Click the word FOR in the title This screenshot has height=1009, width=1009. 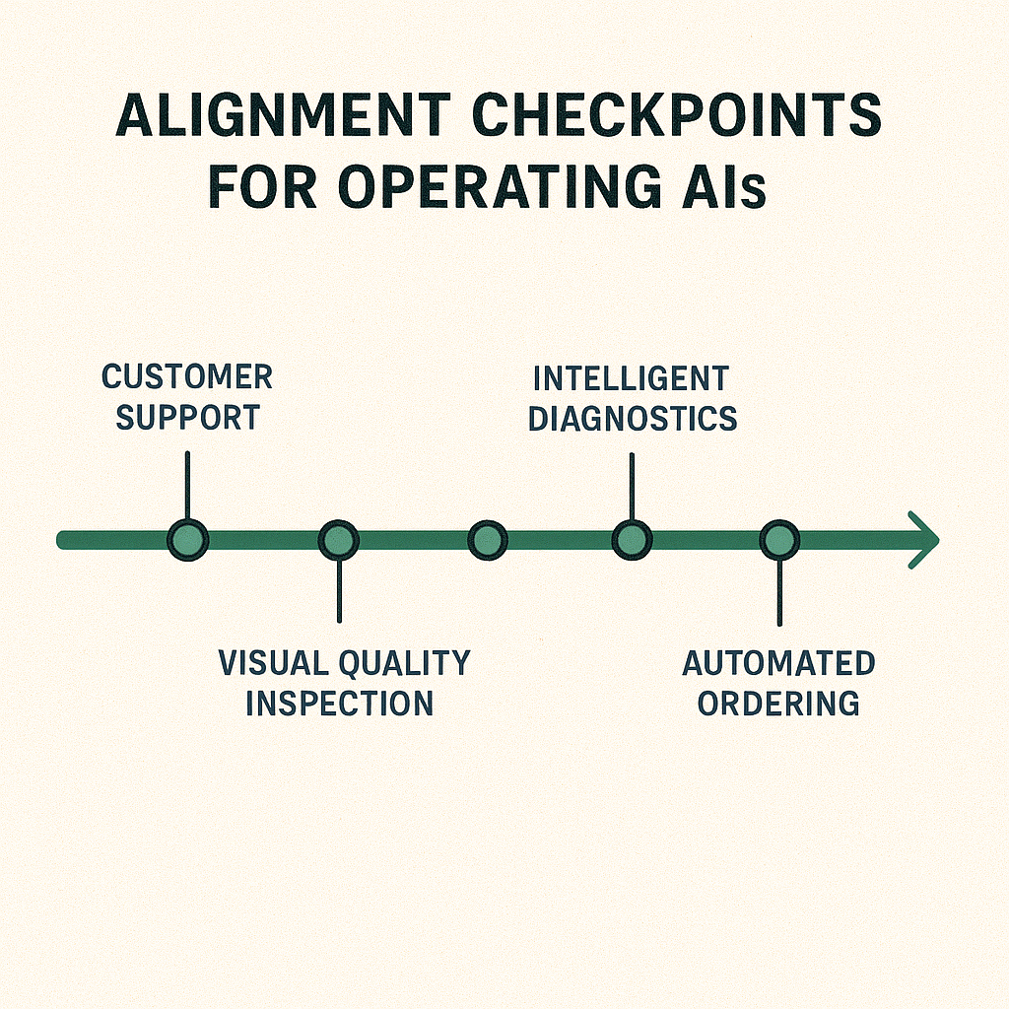click(x=264, y=187)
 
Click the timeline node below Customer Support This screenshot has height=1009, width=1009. click(x=187, y=540)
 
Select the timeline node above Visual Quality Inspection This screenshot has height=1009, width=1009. click(x=339, y=540)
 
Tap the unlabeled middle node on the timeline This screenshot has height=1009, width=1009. click(x=487, y=540)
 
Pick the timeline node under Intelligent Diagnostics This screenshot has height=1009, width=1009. click(x=632, y=540)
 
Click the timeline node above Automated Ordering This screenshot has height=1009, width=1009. click(x=779, y=540)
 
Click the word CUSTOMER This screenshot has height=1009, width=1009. click(x=187, y=377)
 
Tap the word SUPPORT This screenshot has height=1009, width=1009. click(x=187, y=418)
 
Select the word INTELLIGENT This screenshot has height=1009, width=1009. click(x=631, y=378)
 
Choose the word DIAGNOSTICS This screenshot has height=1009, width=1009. click(x=632, y=418)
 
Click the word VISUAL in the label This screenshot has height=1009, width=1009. click(x=274, y=663)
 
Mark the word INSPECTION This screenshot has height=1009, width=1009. click(x=339, y=704)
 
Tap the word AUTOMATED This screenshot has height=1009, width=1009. click(x=778, y=663)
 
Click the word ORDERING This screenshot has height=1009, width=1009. click(x=778, y=704)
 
